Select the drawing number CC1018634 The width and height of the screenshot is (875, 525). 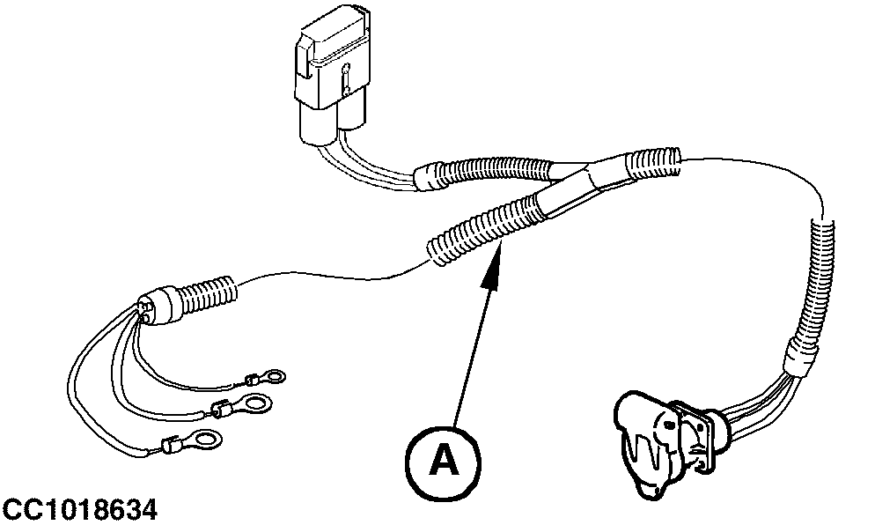pyautogui.click(x=79, y=509)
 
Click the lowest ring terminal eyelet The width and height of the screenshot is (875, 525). pyautogui.click(x=204, y=438)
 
